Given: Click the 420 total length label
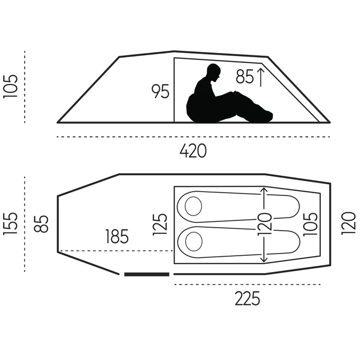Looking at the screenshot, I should tap(193, 152).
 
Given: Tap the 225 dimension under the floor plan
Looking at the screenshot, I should tap(248, 299).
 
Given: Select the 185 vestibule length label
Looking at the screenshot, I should tap(117, 236).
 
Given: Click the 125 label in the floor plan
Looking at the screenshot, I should tap(161, 224).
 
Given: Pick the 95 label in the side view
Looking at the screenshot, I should tap(160, 92).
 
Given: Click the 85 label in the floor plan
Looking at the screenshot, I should tap(43, 223).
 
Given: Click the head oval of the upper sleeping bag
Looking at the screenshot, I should tap(193, 205).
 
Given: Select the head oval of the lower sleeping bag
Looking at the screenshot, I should tap(193, 241).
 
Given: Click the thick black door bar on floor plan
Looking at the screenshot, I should tap(147, 274).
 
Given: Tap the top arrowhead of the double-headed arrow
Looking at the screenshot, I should tap(265, 190).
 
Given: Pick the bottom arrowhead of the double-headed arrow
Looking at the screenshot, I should tap(265, 260).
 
